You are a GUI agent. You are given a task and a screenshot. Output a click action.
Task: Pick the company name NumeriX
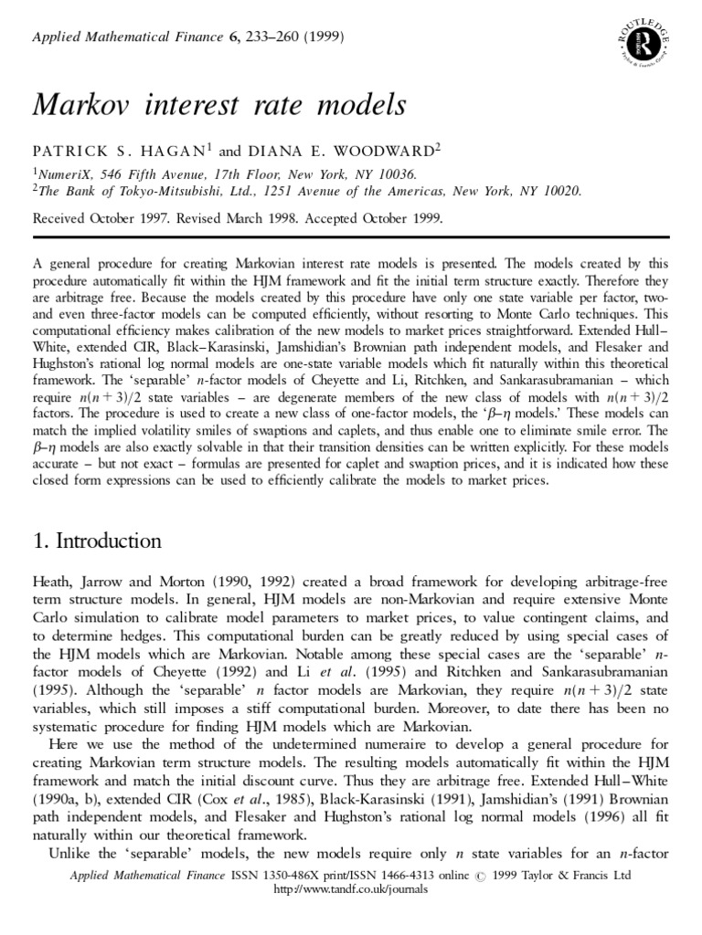(x=64, y=173)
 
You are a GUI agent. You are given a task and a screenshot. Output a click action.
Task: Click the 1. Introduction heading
(x=97, y=541)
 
